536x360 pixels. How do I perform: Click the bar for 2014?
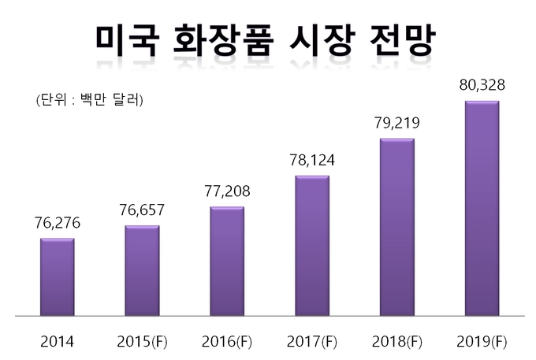[58, 276]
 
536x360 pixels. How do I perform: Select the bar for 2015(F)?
[142, 270]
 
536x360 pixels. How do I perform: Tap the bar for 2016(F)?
[227, 261]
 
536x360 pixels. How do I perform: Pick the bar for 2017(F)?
[312, 245]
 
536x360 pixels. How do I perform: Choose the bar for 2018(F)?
[397, 227]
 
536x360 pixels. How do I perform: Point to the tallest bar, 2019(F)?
[482, 208]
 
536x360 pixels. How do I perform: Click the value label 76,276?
[58, 224]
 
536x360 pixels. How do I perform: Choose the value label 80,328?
[482, 85]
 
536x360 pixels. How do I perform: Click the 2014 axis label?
[57, 342]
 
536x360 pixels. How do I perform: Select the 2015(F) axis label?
[142, 342]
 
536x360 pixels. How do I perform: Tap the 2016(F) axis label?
[227, 342]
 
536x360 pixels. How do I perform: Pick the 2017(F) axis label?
[312, 342]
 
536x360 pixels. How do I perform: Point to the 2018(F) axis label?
[397, 342]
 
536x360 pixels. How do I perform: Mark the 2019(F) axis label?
[482, 342]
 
